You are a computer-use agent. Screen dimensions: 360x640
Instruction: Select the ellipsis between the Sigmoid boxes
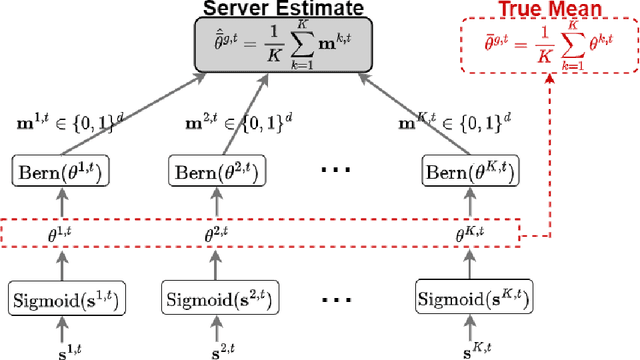[337, 297]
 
